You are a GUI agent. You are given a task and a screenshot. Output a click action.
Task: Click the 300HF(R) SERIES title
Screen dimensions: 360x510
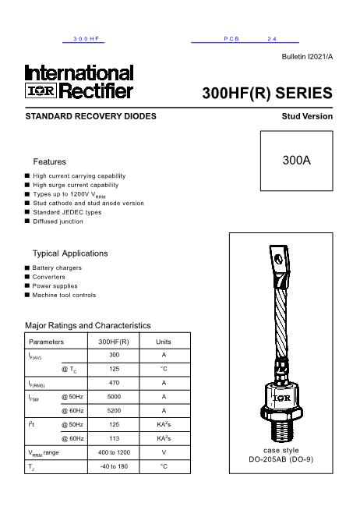click(267, 94)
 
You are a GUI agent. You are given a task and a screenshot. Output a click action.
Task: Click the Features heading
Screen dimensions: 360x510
click(49, 161)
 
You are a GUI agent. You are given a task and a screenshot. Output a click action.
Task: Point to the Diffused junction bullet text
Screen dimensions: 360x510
click(58, 221)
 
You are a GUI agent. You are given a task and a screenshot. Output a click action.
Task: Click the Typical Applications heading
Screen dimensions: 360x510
click(70, 253)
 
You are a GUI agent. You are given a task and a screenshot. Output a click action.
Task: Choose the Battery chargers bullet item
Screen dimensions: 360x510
click(57, 268)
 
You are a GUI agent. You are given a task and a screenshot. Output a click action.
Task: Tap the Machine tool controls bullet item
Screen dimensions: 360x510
click(64, 296)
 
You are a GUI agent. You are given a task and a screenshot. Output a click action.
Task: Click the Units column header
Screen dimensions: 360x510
click(164, 342)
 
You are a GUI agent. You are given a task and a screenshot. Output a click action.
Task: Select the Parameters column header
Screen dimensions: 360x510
click(47, 342)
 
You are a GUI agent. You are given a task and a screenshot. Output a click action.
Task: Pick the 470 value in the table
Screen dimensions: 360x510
click(114, 383)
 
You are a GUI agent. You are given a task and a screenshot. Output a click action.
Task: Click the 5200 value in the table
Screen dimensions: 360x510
click(114, 410)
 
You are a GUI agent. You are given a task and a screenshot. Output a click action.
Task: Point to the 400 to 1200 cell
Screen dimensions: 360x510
click(114, 452)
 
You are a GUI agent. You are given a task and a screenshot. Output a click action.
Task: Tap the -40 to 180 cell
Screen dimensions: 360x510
click(114, 466)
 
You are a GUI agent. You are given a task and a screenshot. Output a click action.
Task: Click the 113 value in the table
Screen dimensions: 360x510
click(114, 438)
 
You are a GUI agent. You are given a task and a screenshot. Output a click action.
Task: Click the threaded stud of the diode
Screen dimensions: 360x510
click(281, 430)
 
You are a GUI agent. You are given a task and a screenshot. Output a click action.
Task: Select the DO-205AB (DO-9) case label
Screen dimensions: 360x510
click(281, 460)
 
